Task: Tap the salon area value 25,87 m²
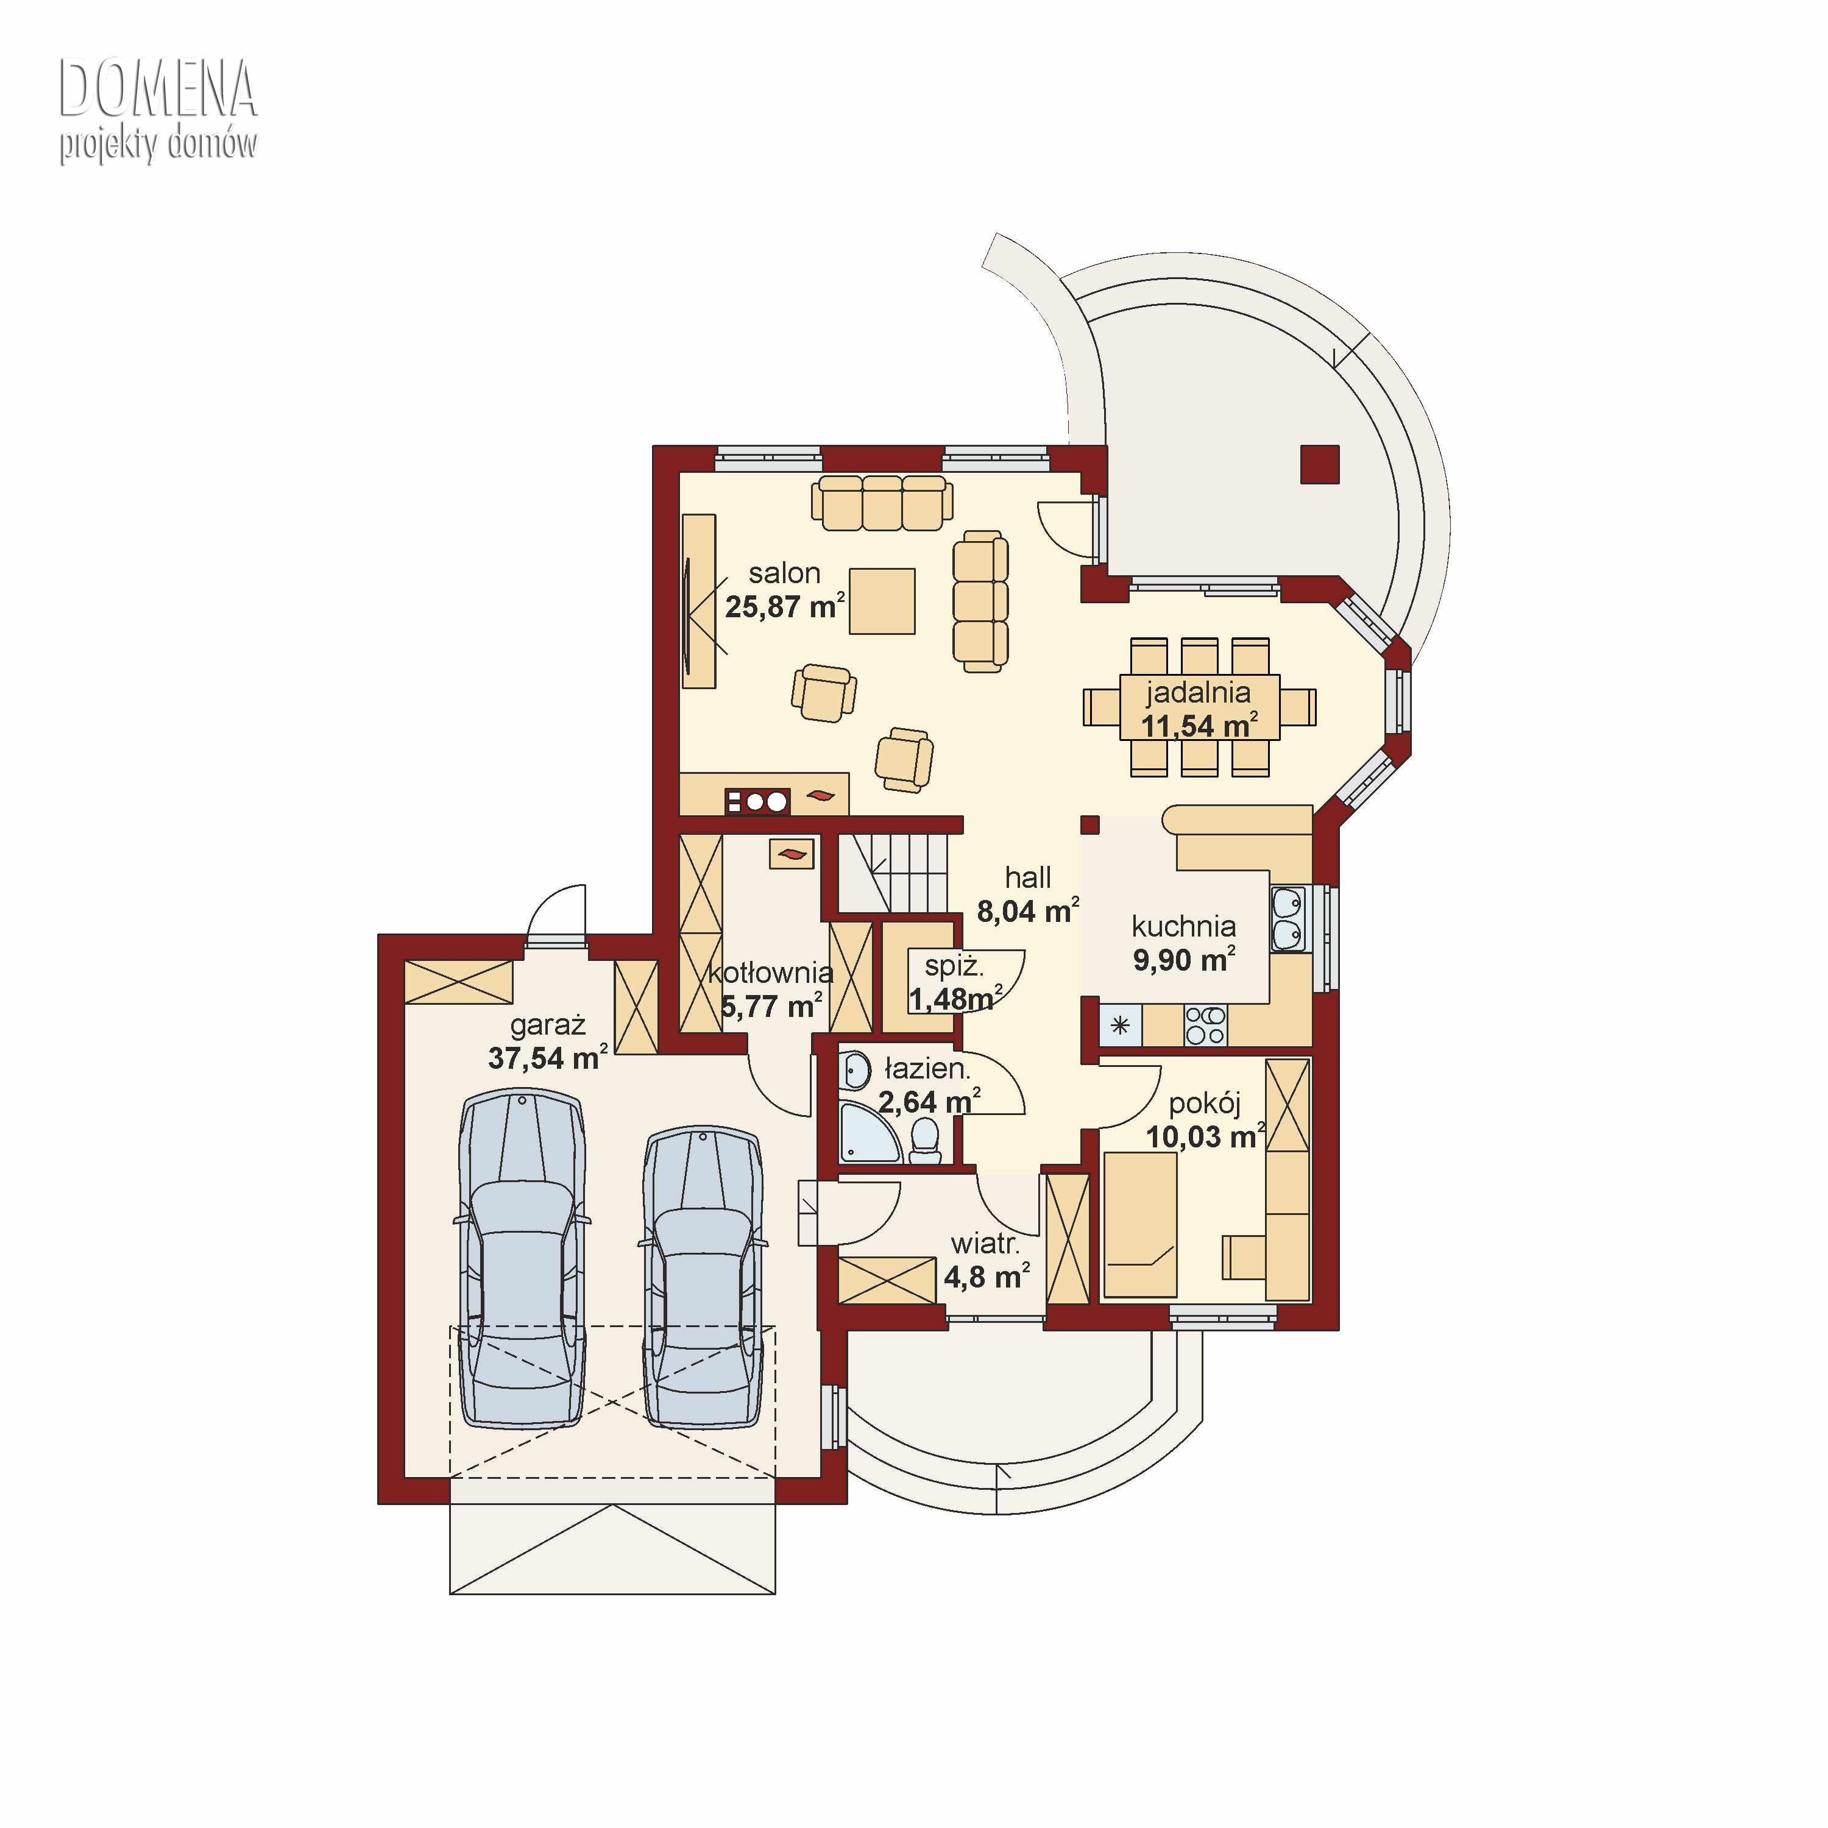point(784,606)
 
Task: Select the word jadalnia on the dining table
point(1198,693)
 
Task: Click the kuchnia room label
point(1184,926)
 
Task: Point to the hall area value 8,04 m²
point(1027,910)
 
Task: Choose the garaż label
point(548,1026)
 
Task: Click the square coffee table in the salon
point(882,601)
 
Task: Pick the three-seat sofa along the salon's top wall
point(882,503)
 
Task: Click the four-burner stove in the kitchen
point(1205,1026)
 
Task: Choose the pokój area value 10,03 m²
point(1205,1136)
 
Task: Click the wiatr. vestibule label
point(985,1243)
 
